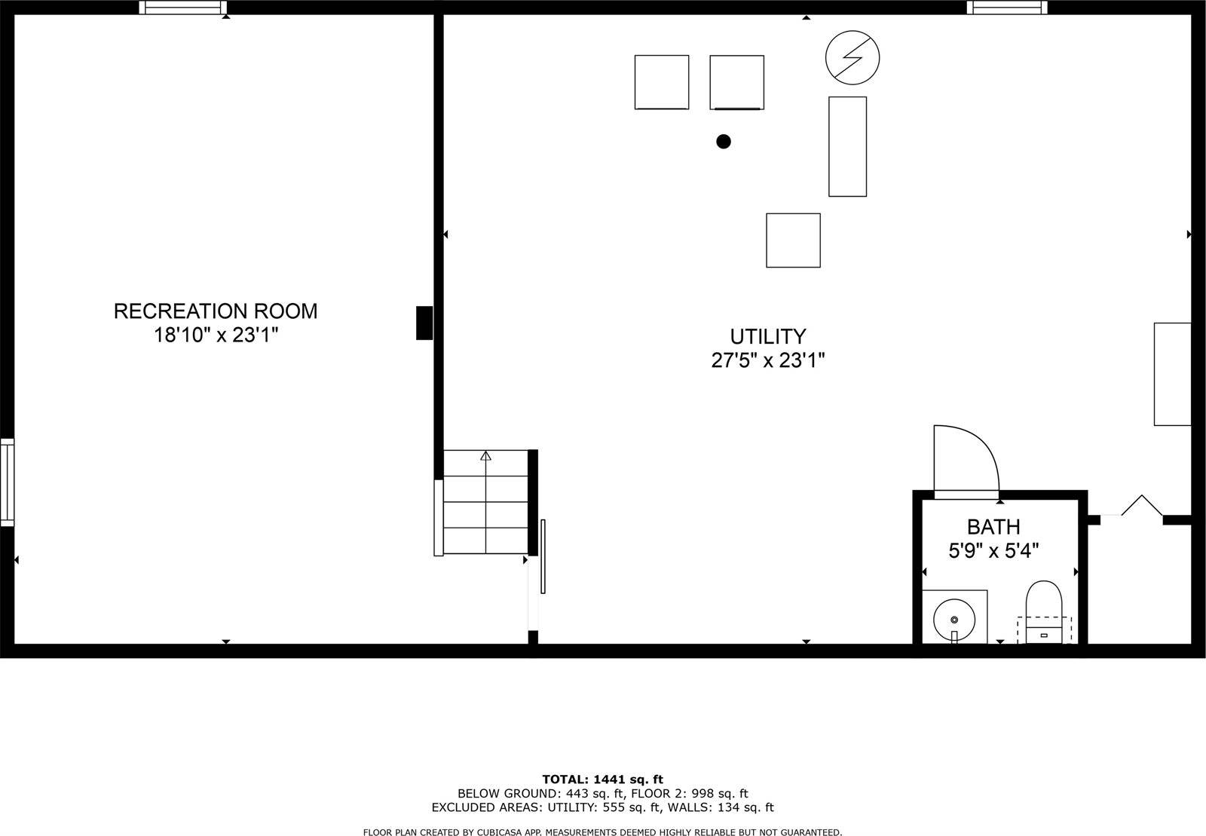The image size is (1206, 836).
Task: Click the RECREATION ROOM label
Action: point(216,311)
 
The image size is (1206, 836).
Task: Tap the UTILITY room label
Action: point(768,336)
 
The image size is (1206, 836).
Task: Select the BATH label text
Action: point(993,526)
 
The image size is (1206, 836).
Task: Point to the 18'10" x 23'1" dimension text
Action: point(216,335)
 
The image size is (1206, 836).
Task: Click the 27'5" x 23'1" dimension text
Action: point(768,360)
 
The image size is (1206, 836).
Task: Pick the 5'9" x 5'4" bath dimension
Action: point(993,551)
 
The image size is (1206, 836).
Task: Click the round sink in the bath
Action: point(953,620)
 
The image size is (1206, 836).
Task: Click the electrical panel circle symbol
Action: point(852,57)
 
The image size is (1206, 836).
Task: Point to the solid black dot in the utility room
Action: point(724,141)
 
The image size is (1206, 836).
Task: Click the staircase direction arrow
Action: point(485,456)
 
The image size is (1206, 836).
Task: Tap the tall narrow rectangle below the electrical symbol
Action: point(847,146)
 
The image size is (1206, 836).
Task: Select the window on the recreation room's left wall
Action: point(7,482)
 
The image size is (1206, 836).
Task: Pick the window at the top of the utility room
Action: point(1006,8)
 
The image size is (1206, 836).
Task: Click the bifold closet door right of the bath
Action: point(1141,507)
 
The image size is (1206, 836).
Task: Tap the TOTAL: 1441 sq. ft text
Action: point(602,779)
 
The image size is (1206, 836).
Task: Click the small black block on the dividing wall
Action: point(424,323)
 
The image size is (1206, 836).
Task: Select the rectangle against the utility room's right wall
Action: point(1172,374)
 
